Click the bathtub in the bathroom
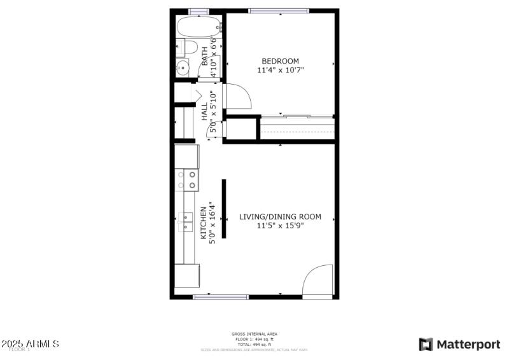[199, 27]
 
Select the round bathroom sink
[182, 67]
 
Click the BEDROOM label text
[280, 61]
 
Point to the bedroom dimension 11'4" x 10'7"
[281, 70]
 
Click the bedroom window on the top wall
[278, 11]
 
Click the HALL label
[204, 113]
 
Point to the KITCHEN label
[204, 223]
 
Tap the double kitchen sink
[187, 222]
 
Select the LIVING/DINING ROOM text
[280, 217]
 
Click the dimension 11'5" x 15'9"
[280, 226]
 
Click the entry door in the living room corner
[318, 281]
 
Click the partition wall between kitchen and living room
[223, 209]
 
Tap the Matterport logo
[459, 344]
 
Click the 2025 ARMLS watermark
[31, 344]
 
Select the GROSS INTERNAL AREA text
[254, 334]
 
